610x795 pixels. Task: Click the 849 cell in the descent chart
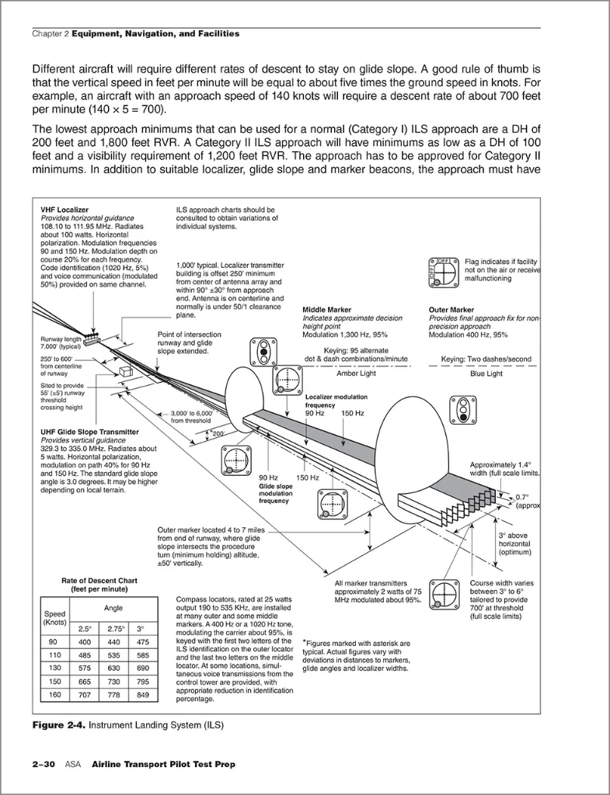point(143,695)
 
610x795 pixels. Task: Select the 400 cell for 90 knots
point(84,642)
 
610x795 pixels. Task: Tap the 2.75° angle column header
point(113,629)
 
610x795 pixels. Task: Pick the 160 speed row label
point(54,695)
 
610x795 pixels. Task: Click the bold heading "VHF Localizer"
point(64,210)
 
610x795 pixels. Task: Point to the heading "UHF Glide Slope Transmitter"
point(90,432)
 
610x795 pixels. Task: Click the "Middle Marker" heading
point(327,309)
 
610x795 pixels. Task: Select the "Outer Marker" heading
point(451,309)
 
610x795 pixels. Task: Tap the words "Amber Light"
point(356,373)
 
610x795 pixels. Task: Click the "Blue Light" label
point(486,373)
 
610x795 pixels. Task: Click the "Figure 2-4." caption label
point(59,725)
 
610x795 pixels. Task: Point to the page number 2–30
point(44,764)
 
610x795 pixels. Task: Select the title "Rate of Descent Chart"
point(99,581)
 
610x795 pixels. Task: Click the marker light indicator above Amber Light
point(263,352)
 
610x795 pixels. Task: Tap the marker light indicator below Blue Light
point(462,410)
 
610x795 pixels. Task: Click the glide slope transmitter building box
point(125,372)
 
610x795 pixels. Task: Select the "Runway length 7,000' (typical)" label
point(61,342)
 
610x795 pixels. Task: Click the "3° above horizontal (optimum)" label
point(514,543)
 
